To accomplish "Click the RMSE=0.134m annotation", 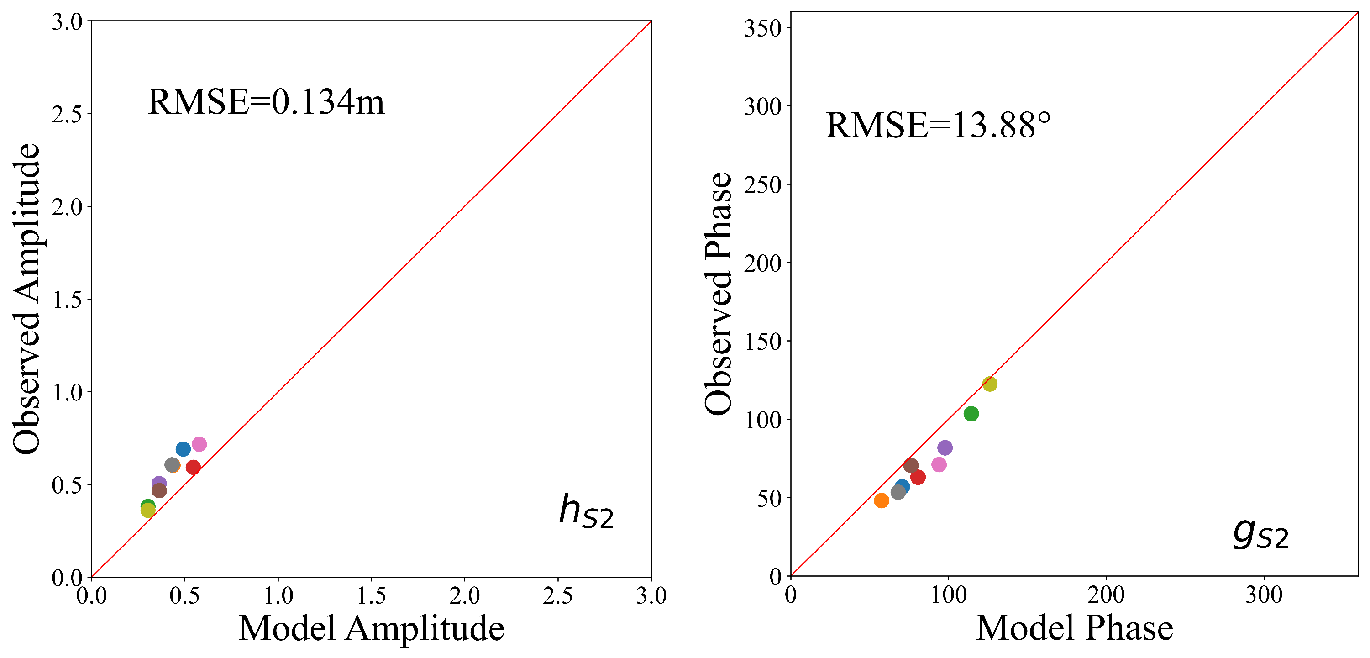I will coord(265,102).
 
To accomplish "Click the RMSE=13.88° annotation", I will coord(938,126).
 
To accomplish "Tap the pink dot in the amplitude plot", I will coord(199,444).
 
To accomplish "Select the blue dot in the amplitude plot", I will coord(183,449).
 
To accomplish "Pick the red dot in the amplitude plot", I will coord(193,468).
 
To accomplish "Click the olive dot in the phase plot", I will coord(990,384).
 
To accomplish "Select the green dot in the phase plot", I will coord(971,414).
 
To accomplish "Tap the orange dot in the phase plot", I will coord(881,500).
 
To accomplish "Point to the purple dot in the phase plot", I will coord(945,448).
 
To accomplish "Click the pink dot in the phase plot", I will coord(939,465).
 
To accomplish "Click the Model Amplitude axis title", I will coord(371,629).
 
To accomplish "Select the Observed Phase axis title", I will coord(718,293).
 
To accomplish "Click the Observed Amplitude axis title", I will coord(26,299).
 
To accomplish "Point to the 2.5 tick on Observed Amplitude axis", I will coord(67,114).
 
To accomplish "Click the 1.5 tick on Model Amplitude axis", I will coord(371,596).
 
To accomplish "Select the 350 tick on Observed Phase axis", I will coord(762,28).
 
